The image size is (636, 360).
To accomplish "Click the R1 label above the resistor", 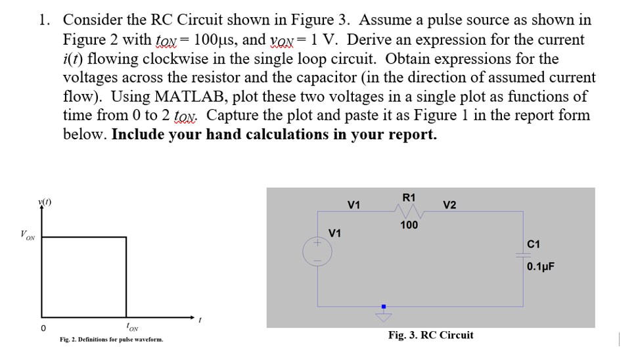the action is [x=408, y=197].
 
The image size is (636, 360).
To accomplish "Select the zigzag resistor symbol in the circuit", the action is [x=408, y=211].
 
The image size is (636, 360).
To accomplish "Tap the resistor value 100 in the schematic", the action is [x=409, y=225].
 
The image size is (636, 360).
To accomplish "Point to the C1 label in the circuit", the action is [x=533, y=244].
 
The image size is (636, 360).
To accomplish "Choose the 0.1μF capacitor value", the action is [x=541, y=266].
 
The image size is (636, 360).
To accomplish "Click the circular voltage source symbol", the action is [x=317, y=252].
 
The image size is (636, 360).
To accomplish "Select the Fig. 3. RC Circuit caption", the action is [x=430, y=335].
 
